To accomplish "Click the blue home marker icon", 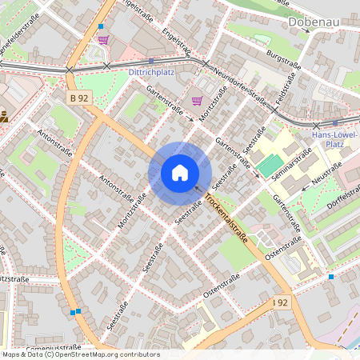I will [x=180, y=173].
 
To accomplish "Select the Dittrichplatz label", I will [x=151, y=71].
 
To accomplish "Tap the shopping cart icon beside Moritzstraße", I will [x=197, y=101].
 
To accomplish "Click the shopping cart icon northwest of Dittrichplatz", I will [x=102, y=39].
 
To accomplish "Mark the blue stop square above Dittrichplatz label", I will [x=151, y=61].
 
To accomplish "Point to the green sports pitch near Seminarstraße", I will [x=265, y=166].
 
